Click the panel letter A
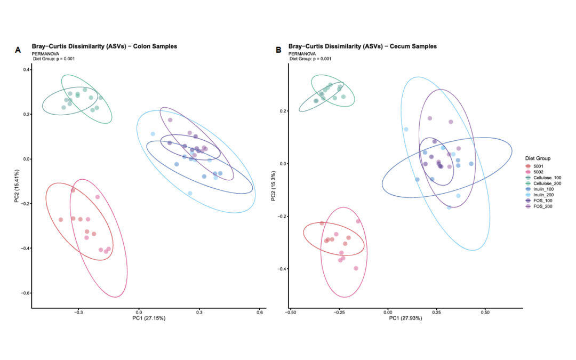[18, 50]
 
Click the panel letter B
[278, 50]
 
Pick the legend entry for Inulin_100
[540, 189]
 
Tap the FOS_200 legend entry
[539, 206]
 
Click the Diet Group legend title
[538, 158]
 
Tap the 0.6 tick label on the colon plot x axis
[260, 313]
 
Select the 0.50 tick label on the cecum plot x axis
[485, 313]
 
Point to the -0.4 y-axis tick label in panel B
[282, 269]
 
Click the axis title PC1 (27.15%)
[149, 318]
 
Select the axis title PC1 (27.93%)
[405, 318]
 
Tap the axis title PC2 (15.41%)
[17, 186]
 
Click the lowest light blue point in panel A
[190, 193]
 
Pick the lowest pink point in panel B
[356, 268]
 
